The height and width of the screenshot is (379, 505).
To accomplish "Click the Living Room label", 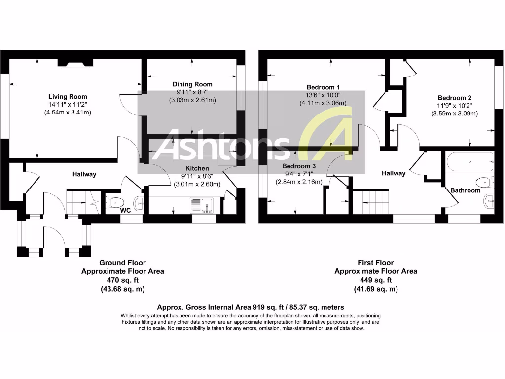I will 68,97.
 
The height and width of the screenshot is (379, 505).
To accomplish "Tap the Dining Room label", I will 192,84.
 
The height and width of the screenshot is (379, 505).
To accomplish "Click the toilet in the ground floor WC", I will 115,202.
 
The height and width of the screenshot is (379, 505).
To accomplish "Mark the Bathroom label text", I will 465,190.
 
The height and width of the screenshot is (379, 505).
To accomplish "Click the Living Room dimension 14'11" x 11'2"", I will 68,105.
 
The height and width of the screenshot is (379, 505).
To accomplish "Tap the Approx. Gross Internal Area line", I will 250,307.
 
